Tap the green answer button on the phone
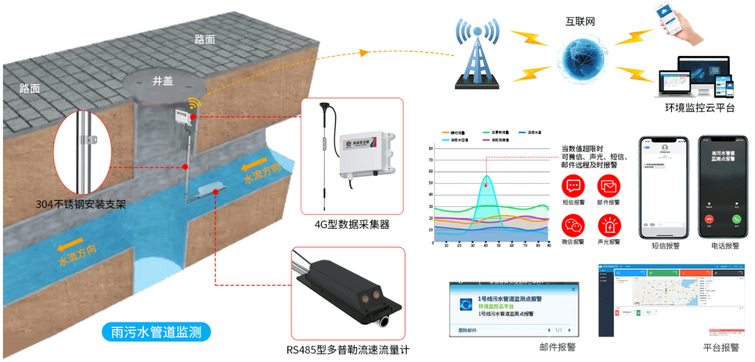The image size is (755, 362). click(x=736, y=219)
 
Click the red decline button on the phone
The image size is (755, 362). click(x=709, y=219)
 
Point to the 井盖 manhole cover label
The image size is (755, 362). click(x=163, y=82)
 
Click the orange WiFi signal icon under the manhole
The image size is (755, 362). click(x=194, y=104)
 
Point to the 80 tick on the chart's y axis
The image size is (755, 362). click(x=431, y=149)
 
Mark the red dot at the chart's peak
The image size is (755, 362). click(x=486, y=186)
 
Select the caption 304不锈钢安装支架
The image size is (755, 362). click(x=81, y=205)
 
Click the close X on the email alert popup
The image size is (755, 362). click(x=573, y=290)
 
